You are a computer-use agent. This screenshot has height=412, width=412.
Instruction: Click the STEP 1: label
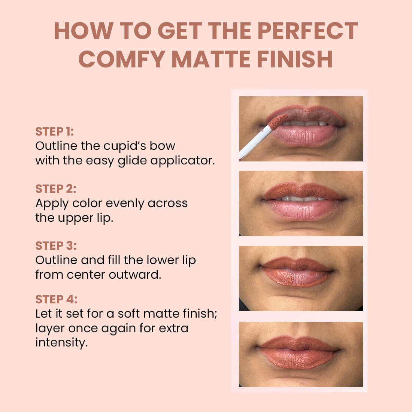tap(55, 131)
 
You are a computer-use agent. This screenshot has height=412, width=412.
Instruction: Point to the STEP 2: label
tap(56, 189)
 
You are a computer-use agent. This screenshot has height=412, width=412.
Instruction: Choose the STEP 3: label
tap(56, 246)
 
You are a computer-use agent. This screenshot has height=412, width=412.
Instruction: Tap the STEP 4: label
tap(56, 300)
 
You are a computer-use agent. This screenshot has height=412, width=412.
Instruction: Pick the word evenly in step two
tap(125, 203)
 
